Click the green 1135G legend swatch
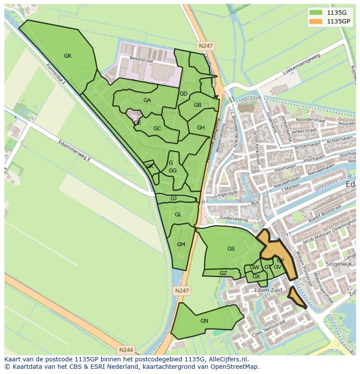click(317, 13)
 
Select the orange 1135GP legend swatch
click(317, 21)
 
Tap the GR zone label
click(67, 56)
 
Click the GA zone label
click(147, 100)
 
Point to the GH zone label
click(200, 128)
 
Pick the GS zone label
click(231, 249)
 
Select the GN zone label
click(204, 321)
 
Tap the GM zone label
click(181, 245)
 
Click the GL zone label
click(178, 215)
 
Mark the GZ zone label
click(223, 273)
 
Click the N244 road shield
click(126, 349)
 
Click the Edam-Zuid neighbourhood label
click(269, 290)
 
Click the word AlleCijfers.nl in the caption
click(226, 359)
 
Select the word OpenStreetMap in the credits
click(238, 367)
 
